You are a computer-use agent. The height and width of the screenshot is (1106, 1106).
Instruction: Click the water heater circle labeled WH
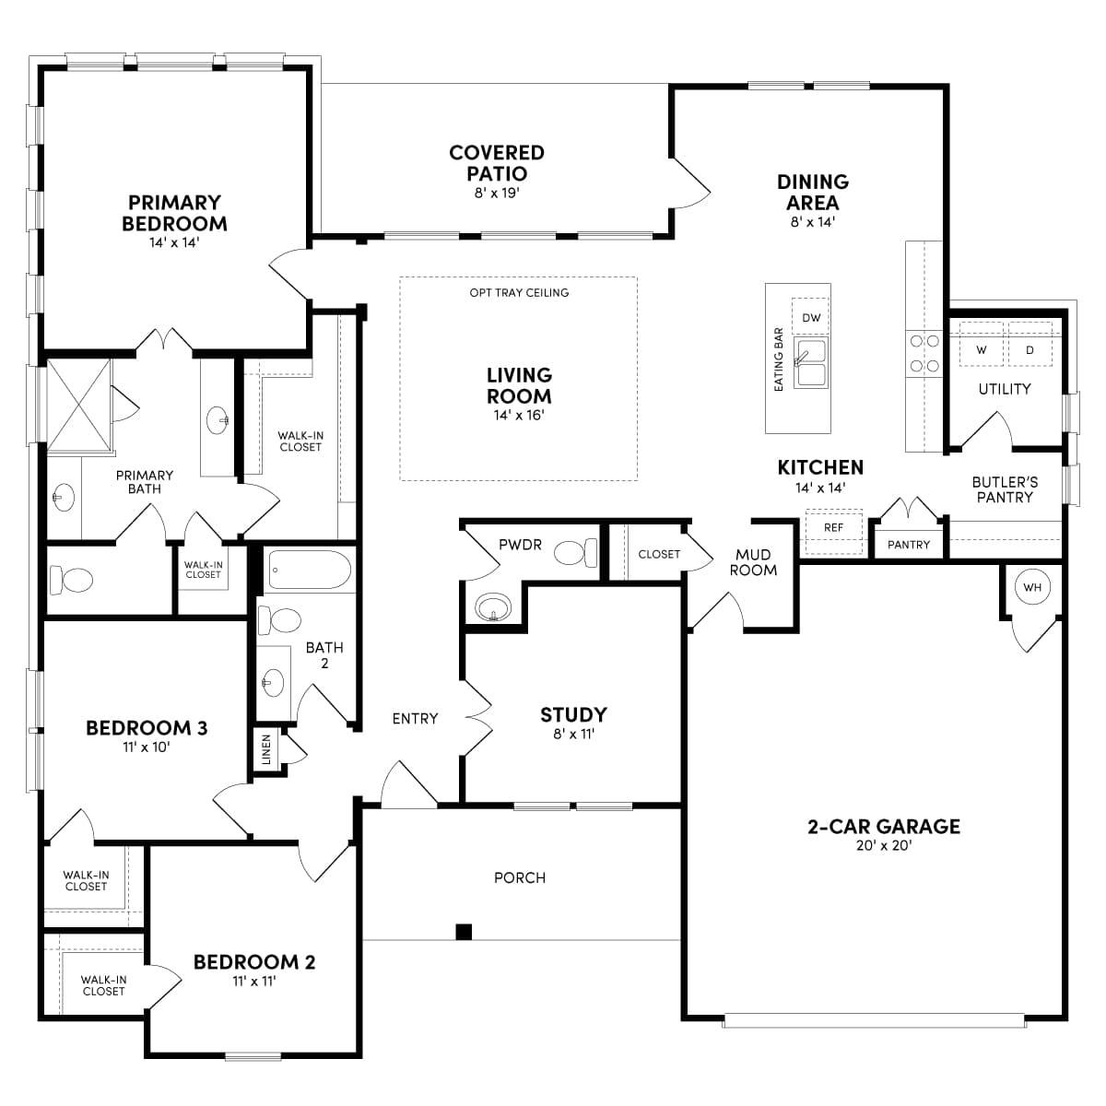point(1031,587)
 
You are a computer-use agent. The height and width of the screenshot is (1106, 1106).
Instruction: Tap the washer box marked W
point(981,349)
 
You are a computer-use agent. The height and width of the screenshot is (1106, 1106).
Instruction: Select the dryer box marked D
point(1030,349)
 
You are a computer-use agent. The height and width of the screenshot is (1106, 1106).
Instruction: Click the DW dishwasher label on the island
point(811,318)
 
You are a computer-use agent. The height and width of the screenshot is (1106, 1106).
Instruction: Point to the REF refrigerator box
point(833,528)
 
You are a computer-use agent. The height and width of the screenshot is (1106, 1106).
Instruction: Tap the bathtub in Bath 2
point(309,571)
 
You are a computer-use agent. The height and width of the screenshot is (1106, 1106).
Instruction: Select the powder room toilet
point(577,553)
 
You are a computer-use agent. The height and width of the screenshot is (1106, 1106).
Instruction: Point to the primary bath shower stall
point(78,406)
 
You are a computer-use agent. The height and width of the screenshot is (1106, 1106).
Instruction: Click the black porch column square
point(465,931)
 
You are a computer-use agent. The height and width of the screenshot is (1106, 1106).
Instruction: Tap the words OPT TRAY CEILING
point(519,293)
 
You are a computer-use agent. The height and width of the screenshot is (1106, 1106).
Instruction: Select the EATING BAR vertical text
point(779,359)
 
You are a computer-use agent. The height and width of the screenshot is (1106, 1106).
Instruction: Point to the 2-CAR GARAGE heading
point(883,827)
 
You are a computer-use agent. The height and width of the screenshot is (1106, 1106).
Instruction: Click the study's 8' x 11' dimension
point(572,735)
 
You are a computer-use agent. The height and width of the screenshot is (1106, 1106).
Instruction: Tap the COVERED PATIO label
point(497,163)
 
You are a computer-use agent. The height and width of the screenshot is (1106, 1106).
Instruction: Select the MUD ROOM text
point(753,562)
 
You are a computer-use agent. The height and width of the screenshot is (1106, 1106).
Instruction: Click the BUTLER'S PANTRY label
point(1005,489)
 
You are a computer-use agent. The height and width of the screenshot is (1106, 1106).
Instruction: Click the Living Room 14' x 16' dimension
point(519,416)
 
